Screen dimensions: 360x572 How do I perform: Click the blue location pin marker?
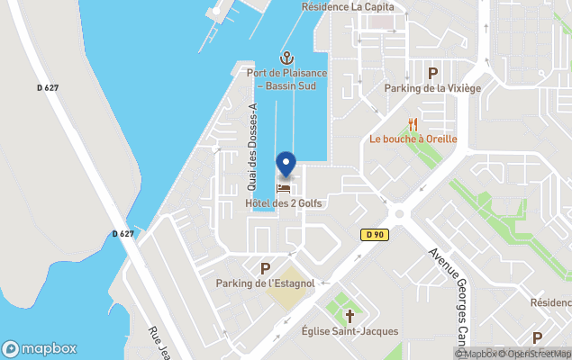pyautogui.click(x=286, y=164)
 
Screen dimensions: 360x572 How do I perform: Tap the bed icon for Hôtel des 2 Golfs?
pyautogui.click(x=285, y=189)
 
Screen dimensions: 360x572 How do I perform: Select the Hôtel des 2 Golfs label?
pyautogui.click(x=284, y=203)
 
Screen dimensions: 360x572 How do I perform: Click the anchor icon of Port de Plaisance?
pyautogui.click(x=286, y=58)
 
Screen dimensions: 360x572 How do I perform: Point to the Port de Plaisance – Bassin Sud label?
pyautogui.click(x=286, y=79)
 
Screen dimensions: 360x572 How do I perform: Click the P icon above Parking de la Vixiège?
pyautogui.click(x=432, y=73)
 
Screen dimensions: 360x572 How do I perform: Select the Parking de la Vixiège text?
pyautogui.click(x=432, y=88)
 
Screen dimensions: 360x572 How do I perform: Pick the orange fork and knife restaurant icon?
pyautogui.click(x=413, y=124)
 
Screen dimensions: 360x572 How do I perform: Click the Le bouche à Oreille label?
pyautogui.click(x=413, y=139)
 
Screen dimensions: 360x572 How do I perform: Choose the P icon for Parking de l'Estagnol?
pyautogui.click(x=265, y=268)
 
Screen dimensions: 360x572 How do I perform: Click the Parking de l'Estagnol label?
pyautogui.click(x=265, y=283)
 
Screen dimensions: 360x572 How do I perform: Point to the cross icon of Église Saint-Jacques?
pyautogui.click(x=350, y=316)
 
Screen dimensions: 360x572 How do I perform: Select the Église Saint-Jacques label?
pyautogui.click(x=350, y=331)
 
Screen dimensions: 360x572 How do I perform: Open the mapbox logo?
pyautogui.click(x=40, y=348)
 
